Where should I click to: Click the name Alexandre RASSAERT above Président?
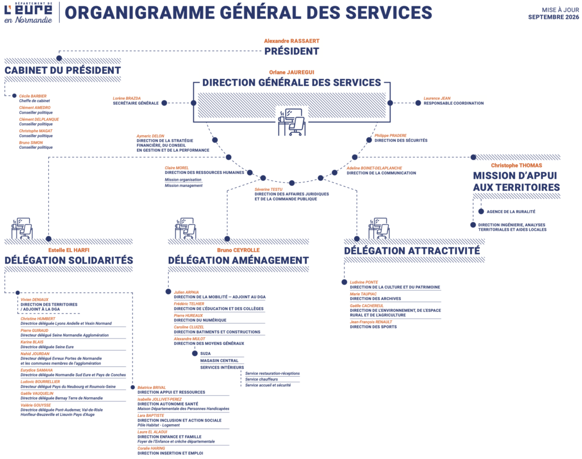point(292,41)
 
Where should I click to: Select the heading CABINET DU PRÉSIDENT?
point(63,70)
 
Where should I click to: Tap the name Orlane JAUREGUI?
point(292,72)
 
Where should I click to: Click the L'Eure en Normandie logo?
point(28,13)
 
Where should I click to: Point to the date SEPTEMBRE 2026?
point(554,17)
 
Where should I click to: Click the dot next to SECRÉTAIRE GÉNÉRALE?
point(164,103)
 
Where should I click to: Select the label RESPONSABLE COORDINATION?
point(454,103)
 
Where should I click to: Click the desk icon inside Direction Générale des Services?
point(292,122)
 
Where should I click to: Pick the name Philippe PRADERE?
point(390,135)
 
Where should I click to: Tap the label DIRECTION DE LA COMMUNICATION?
point(381,173)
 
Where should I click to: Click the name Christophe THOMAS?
point(516,165)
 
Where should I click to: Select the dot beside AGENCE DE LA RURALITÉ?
point(481,211)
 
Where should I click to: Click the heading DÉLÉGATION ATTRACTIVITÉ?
point(412,251)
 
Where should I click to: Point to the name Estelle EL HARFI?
point(69,250)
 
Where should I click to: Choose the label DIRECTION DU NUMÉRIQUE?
point(200,320)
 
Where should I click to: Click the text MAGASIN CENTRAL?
point(219,361)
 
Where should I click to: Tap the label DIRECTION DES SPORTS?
point(373,327)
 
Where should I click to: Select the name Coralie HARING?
point(151,448)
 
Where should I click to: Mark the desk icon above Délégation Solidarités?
point(22,228)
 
